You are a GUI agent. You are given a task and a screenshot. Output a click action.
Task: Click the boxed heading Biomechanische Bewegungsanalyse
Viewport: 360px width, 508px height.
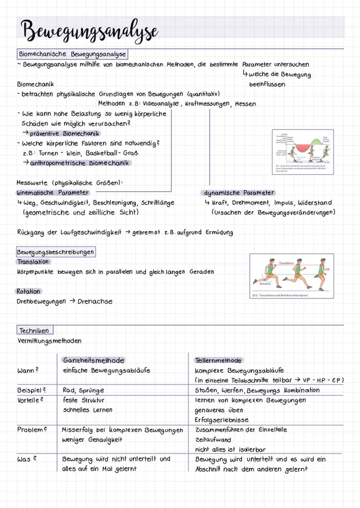pyautogui.click(x=72, y=54)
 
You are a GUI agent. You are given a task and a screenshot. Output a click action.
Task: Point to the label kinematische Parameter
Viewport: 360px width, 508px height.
pyautogui.click(x=53, y=192)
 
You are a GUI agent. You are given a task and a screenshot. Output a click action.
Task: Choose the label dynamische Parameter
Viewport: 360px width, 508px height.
pyautogui.click(x=239, y=193)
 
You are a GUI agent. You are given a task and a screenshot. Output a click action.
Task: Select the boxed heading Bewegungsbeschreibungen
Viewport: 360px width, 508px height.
pyautogui.click(x=55, y=252)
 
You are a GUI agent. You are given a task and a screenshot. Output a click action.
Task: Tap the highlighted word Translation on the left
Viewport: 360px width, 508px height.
pyautogui.click(x=33, y=262)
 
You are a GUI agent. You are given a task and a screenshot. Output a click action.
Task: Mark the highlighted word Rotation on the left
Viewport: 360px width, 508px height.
pyautogui.click(x=29, y=291)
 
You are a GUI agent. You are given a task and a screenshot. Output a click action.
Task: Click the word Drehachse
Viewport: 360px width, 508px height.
pyautogui.click(x=95, y=301)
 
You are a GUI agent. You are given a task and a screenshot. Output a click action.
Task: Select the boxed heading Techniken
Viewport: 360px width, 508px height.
pyautogui.click(x=34, y=330)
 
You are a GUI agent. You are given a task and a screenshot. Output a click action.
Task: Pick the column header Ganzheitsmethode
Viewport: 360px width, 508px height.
pyautogui.click(x=93, y=360)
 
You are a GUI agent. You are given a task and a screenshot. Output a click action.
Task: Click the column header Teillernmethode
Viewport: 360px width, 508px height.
pyautogui.click(x=219, y=360)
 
